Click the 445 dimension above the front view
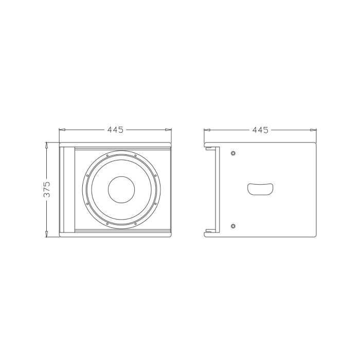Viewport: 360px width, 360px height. click(115, 130)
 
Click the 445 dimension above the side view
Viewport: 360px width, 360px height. click(260, 130)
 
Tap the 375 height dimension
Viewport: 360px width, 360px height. click(47, 189)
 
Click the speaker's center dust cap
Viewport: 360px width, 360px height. click(121, 190)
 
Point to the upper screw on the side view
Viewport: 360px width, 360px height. click(233, 153)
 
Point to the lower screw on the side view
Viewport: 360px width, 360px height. click(233, 226)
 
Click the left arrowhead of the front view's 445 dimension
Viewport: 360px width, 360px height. click(61, 130)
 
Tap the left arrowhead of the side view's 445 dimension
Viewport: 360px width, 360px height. click(206, 130)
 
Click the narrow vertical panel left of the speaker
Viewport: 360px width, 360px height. click(66, 189)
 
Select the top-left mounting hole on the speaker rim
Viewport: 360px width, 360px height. click(107, 155)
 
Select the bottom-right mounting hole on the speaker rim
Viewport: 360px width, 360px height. click(135, 224)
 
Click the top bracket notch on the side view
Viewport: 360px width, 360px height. click(210, 149)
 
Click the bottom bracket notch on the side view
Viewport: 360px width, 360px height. click(210, 230)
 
